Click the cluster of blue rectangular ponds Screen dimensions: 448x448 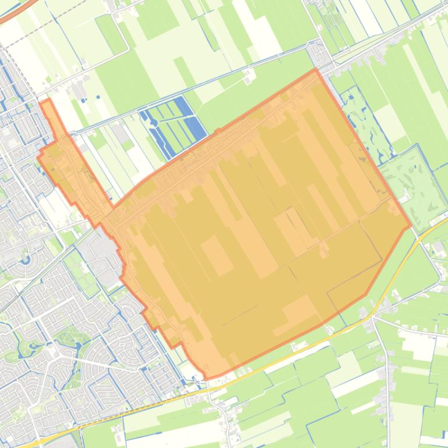click(175, 125)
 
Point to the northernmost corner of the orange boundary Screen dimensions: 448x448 click(316, 69)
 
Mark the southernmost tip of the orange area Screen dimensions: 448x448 click(207, 379)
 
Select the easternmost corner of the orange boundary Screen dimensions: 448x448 click(411, 226)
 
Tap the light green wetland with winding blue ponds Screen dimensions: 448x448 click(364, 125)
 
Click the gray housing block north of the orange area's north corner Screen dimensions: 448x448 click(318, 54)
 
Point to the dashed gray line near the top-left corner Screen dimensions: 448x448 click(35, 35)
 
